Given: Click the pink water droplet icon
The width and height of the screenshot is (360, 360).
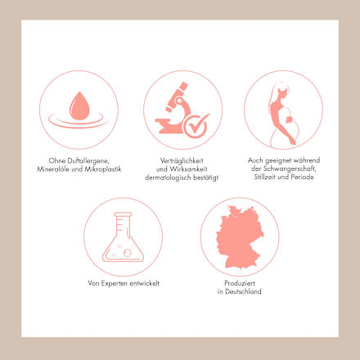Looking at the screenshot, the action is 79,106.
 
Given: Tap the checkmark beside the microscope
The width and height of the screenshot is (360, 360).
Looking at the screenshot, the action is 196,125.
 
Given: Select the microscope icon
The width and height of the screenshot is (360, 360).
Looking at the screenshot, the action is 174,109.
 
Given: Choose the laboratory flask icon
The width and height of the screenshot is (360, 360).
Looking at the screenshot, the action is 123,237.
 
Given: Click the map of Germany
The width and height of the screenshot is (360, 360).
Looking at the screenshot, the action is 240,236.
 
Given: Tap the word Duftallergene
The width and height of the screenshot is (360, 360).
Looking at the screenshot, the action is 88,160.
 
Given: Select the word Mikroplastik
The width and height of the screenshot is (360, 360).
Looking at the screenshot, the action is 103,169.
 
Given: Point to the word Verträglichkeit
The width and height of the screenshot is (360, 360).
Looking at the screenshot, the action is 182,160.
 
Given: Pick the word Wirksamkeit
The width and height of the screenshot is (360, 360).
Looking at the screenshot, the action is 188,169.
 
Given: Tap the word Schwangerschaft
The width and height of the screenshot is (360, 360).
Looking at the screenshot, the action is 290,169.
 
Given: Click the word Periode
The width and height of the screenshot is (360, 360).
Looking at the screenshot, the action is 302,177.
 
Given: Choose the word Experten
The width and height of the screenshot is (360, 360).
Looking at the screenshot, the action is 115,283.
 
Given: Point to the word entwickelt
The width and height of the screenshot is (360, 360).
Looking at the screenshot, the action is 145,283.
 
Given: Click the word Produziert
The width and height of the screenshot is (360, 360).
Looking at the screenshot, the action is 240,283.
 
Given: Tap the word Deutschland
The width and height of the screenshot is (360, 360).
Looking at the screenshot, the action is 243,291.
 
